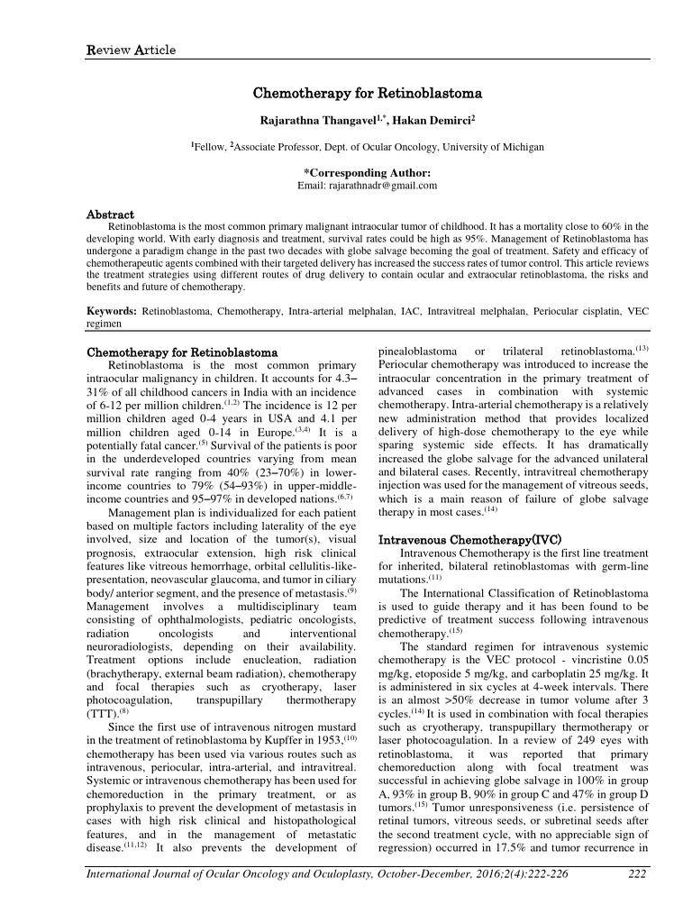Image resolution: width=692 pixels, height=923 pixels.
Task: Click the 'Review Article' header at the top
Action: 131,50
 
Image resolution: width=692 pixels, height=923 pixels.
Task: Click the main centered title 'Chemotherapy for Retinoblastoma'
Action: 368,93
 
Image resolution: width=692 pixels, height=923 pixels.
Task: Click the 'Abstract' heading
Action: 109,215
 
